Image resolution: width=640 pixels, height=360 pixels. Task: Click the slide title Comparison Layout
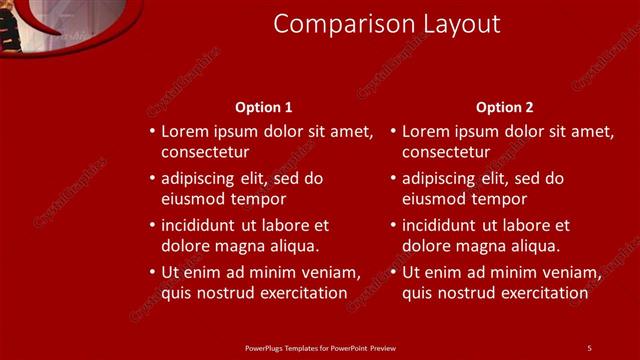[x=387, y=24]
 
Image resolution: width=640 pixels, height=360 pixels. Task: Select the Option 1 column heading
[x=264, y=107]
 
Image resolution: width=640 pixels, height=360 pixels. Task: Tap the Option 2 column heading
[x=505, y=107]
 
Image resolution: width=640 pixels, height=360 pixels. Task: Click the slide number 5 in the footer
[x=589, y=347]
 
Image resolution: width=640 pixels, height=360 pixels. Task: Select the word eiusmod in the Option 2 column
[x=435, y=198]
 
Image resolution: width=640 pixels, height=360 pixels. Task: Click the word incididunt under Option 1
[x=205, y=225]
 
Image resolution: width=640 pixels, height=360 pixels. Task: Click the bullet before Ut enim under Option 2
[x=393, y=272]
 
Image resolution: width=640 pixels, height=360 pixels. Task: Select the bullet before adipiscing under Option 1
[x=152, y=178]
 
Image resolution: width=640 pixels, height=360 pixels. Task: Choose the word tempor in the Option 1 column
[x=245, y=198]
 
